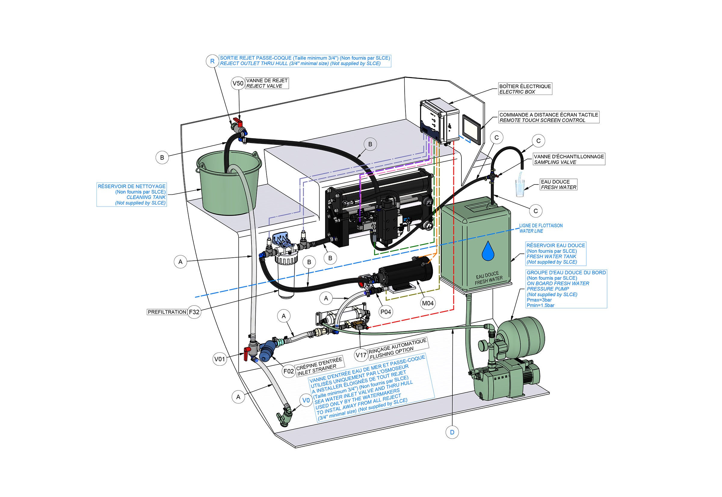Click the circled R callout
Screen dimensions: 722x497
point(212,61)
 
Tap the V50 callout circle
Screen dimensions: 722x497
point(238,83)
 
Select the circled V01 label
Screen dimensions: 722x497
point(220,359)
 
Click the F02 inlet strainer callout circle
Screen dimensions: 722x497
point(288,371)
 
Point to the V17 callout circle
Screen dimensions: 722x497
point(361,355)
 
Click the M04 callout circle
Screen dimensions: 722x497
point(427,303)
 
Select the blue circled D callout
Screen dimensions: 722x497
point(452,432)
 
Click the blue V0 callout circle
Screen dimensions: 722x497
point(306,400)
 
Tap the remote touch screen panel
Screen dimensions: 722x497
point(472,129)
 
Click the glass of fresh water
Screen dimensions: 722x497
point(520,188)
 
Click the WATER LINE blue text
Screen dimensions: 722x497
point(531,231)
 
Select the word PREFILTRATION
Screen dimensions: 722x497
point(167,312)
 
